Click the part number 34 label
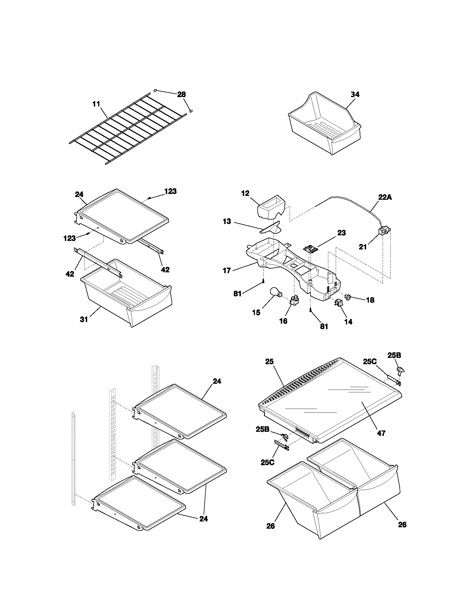coord(355,94)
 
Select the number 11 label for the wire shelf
coord(96,104)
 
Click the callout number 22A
coord(385,197)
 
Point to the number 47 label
coord(381,433)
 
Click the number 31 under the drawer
coord(84,320)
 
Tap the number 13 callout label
coord(227,222)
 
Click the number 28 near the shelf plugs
coord(182,94)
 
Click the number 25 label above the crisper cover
coord(269,362)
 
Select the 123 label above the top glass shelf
coord(170,191)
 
